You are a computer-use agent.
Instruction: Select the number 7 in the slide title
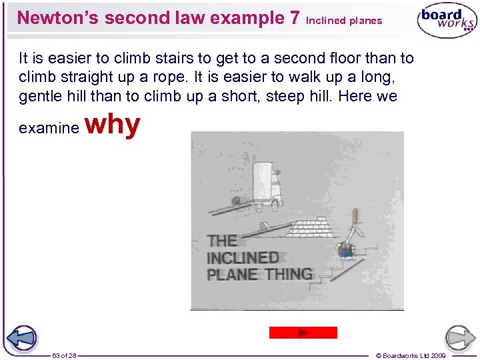pyautogui.click(x=295, y=18)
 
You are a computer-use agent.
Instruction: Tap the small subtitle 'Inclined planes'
pyautogui.click(x=344, y=21)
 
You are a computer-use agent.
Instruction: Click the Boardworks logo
pyautogui.click(x=446, y=21)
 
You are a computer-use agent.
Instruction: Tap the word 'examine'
pyautogui.click(x=49, y=128)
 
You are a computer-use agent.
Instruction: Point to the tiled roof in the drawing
pyautogui.click(x=313, y=228)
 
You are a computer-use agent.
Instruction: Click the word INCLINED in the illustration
pyautogui.click(x=243, y=257)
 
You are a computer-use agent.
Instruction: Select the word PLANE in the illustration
pyautogui.click(x=231, y=274)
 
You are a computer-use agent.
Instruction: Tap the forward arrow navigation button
pyautogui.click(x=460, y=338)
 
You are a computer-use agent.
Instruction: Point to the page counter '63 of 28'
pyautogui.click(x=64, y=355)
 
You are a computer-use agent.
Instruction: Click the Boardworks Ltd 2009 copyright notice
pyautogui.click(x=411, y=355)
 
